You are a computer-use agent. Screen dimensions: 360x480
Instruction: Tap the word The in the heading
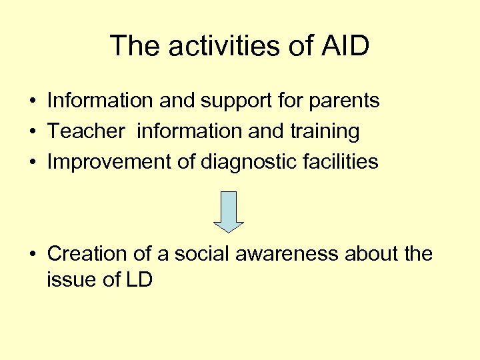click(x=135, y=46)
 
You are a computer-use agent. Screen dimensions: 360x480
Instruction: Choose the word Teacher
click(x=86, y=131)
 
